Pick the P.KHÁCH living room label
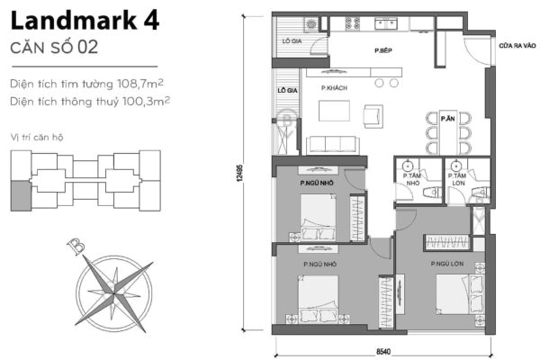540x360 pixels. (335, 88)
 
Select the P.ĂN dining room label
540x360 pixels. (447, 117)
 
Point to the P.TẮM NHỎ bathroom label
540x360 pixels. (413, 179)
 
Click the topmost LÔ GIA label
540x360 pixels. (292, 41)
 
